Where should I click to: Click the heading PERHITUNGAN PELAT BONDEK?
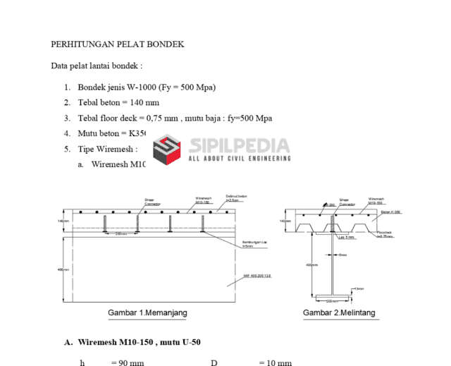[117, 44]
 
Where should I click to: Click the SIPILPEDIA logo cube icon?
[169, 150]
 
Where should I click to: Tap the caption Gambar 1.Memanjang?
[147, 312]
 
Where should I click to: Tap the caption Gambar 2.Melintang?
[339, 312]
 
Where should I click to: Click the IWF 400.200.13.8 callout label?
[257, 276]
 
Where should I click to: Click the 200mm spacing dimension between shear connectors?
[121, 234]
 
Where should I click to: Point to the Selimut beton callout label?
[236, 198]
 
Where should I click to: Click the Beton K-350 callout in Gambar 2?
[390, 212]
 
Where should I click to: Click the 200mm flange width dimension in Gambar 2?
[332, 300]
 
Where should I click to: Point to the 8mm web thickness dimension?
[343, 255]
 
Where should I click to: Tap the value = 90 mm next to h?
[128, 362]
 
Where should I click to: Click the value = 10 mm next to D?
[275, 362]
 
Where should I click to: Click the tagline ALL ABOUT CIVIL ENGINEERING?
[240, 159]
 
